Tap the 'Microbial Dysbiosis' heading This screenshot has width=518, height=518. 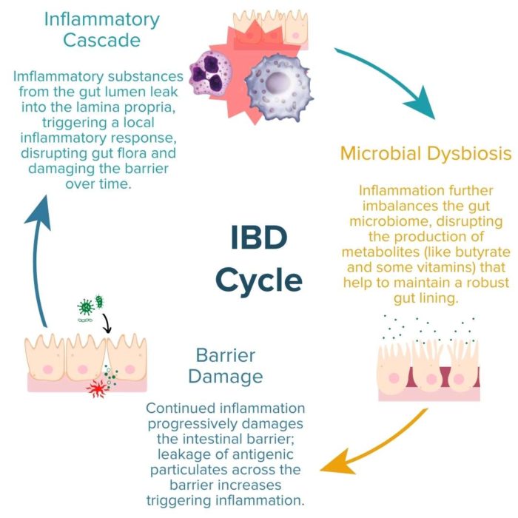pos(425,154)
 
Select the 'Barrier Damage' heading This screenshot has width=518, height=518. pos(225,366)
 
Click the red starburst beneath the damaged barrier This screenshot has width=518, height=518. pos(97,388)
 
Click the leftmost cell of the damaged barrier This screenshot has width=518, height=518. pos(44,355)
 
